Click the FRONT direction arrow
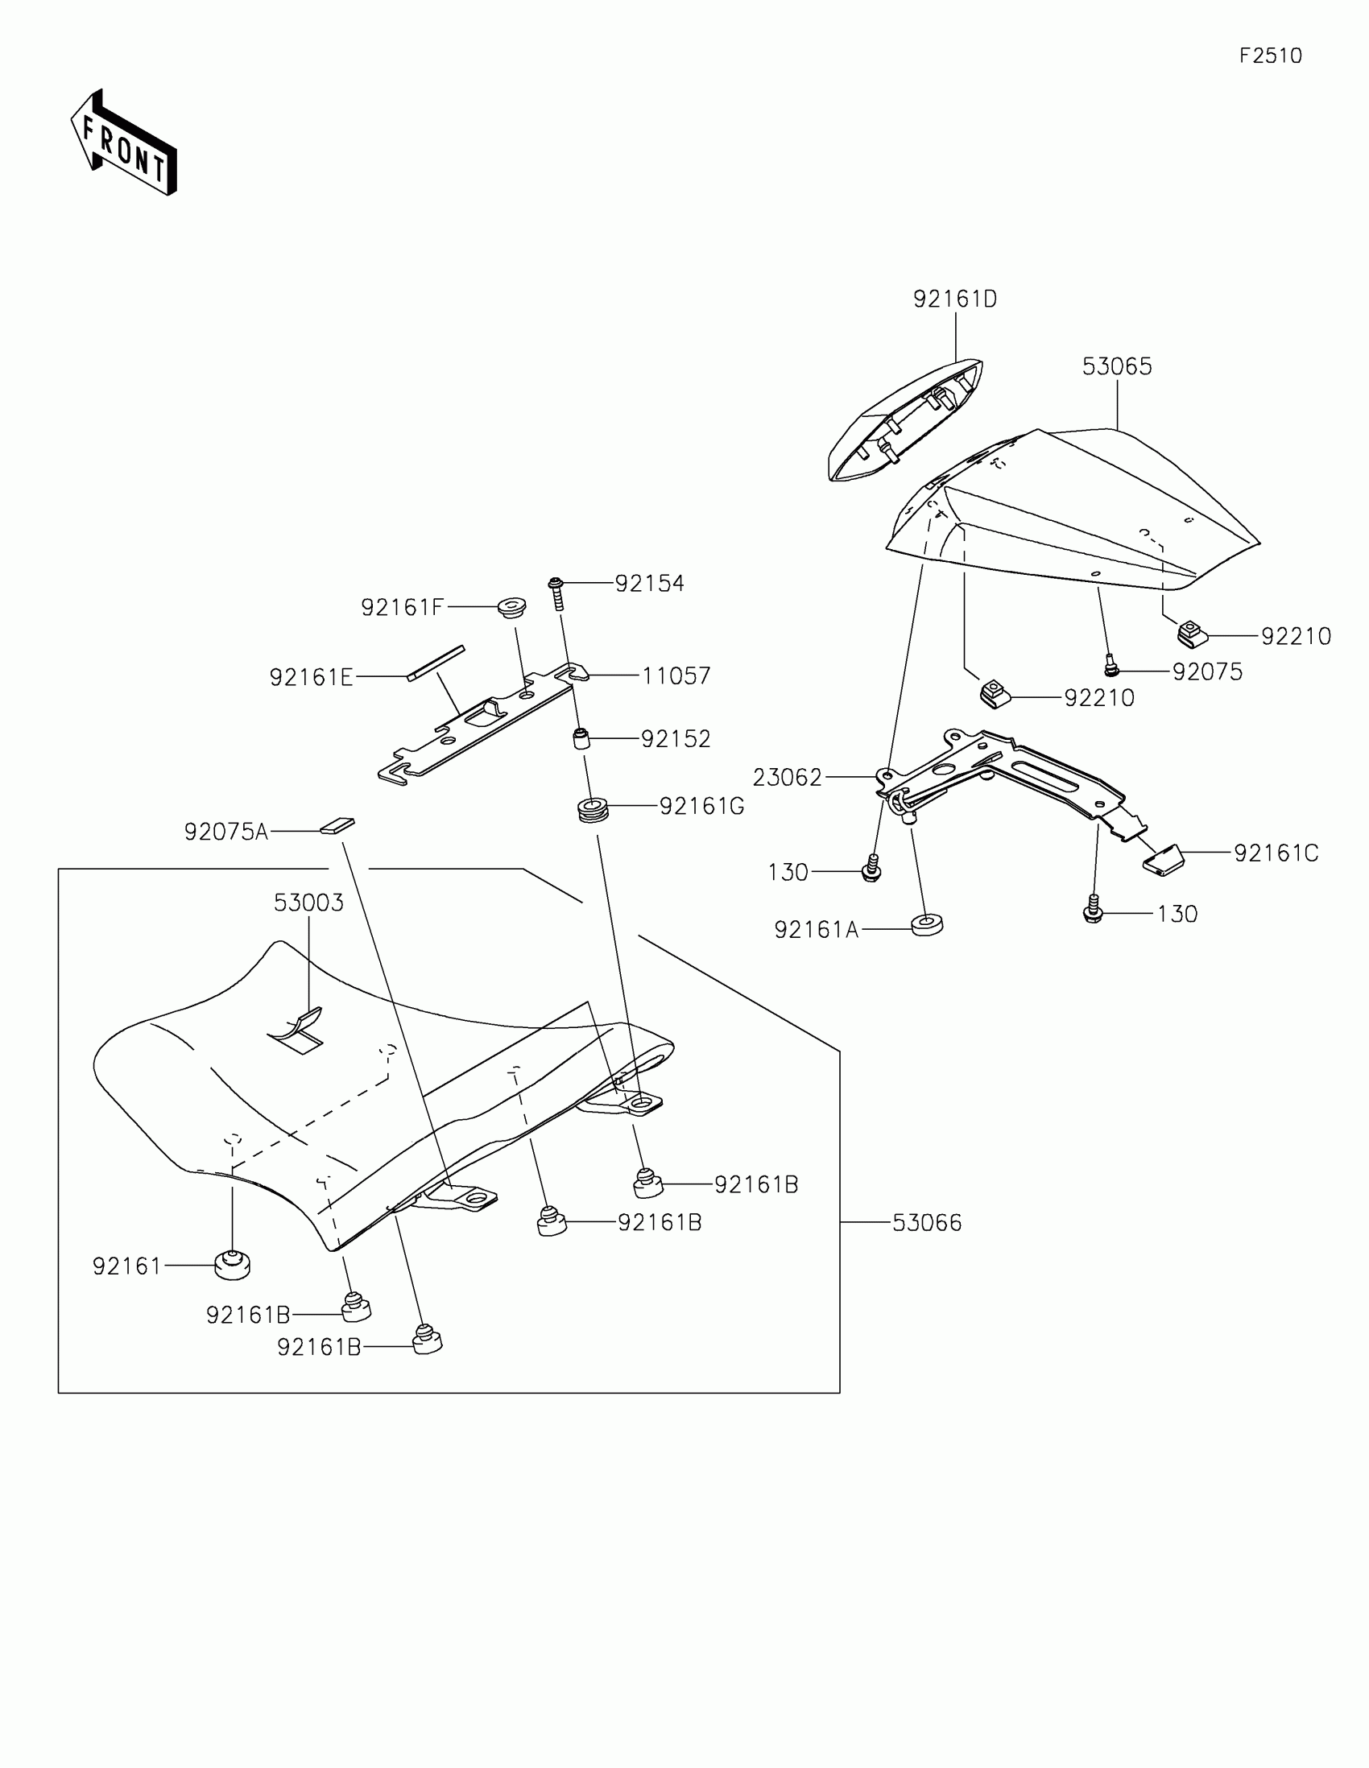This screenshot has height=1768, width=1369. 123,143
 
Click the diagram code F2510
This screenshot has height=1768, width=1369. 1270,56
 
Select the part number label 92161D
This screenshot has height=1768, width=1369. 954,299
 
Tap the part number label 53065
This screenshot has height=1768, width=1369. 1116,366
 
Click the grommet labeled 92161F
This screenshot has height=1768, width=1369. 511,606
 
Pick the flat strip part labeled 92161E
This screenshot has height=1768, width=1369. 436,663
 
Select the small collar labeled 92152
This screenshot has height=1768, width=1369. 581,739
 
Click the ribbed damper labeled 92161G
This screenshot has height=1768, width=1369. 593,808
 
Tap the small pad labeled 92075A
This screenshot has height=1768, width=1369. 337,825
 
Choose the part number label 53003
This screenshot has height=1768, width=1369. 308,903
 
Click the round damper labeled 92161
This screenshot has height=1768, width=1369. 233,1265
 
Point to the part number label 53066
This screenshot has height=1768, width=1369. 927,1222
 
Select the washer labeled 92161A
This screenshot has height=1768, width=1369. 927,924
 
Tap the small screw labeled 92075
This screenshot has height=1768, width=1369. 1111,667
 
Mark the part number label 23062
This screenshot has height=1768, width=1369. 787,778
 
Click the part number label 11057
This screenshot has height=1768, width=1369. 676,676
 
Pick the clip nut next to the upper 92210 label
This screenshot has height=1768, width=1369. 1192,633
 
